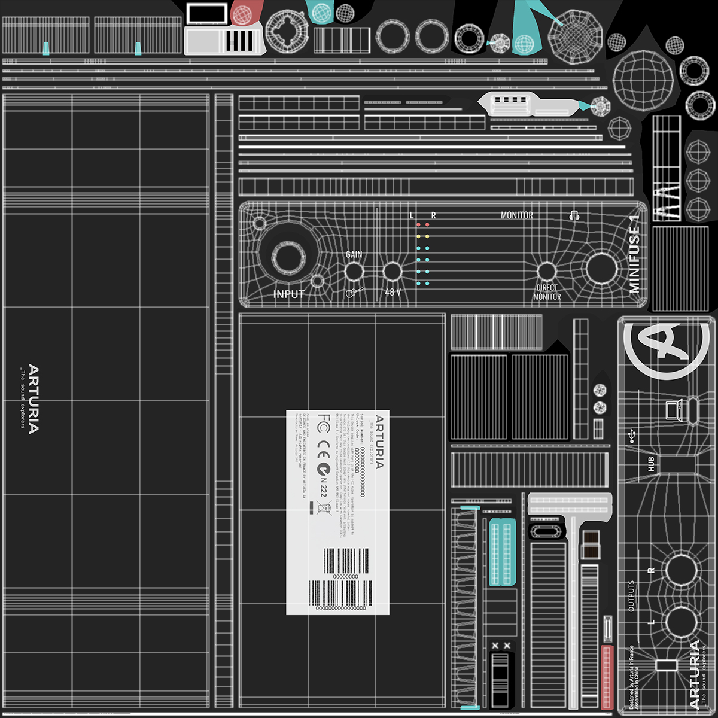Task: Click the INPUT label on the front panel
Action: pos(289,294)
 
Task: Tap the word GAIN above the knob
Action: pos(354,254)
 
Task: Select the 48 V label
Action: pos(393,293)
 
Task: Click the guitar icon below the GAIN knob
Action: pos(354,293)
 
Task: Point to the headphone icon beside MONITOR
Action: pos(574,215)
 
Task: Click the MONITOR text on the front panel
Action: pos(516,215)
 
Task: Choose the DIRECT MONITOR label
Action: pos(547,292)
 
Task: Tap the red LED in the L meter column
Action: pos(419,225)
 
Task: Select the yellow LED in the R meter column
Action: pos(427,236)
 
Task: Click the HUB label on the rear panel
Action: pos(651,464)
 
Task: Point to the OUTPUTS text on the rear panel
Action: pos(631,595)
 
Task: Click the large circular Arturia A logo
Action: pos(660,349)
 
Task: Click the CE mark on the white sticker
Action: pos(323,445)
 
